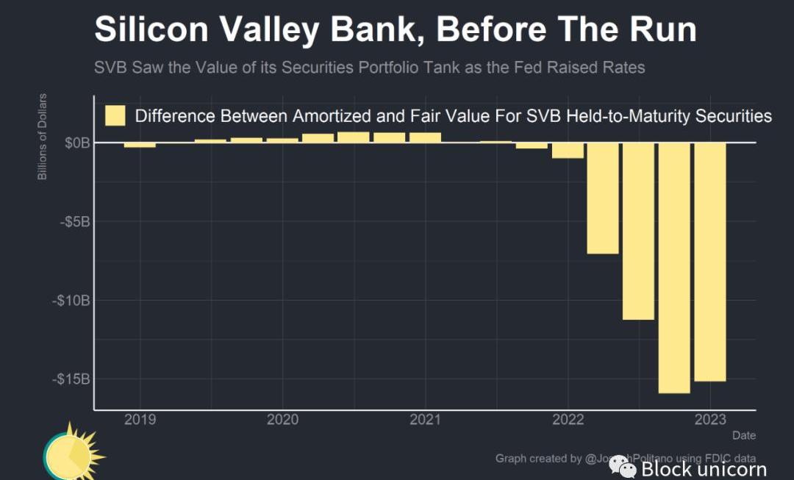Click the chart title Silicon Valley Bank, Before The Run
(x=395, y=30)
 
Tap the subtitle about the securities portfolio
(x=369, y=68)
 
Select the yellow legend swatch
(x=115, y=116)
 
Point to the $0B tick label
(x=76, y=143)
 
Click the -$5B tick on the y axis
(x=74, y=221)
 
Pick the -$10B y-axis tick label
(x=71, y=300)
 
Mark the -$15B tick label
(x=71, y=379)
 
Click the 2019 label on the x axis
(x=140, y=420)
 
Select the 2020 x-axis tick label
(x=282, y=420)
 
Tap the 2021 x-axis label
(x=425, y=420)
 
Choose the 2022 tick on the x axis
(x=568, y=420)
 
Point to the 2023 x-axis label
(x=710, y=420)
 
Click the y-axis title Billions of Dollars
(x=43, y=137)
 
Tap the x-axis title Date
(x=743, y=436)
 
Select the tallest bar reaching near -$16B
(x=674, y=268)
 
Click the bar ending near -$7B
(x=602, y=198)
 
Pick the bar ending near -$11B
(x=638, y=232)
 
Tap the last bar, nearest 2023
(x=710, y=262)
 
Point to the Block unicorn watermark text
(x=704, y=469)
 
